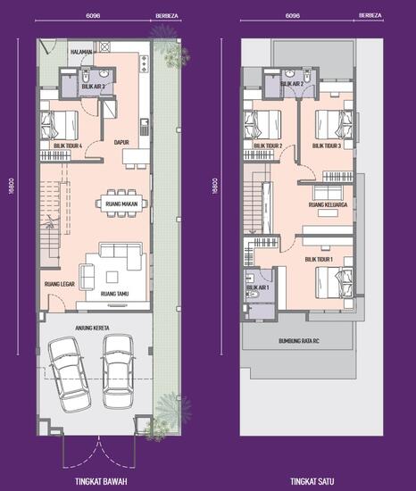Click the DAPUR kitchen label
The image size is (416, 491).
(122, 141)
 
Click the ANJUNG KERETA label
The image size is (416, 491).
(91, 329)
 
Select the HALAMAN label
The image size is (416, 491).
(80, 52)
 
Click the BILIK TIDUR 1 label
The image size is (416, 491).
(319, 259)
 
